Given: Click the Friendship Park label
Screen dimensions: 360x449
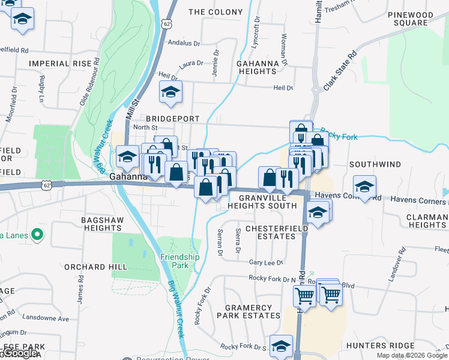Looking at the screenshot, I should [179, 261].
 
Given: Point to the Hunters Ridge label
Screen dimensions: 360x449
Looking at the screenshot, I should [381, 346].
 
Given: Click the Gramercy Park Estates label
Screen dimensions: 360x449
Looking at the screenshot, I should [252, 311].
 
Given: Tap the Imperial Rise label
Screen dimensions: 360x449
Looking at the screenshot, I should [60, 63].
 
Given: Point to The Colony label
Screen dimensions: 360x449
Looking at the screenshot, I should [215, 12].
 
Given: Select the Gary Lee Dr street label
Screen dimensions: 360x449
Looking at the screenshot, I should [266, 262].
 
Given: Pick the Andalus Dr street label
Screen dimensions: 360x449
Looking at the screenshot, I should [184, 43].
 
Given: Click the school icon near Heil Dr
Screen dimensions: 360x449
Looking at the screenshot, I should [170, 92].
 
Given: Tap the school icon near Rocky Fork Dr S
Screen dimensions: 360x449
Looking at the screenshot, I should [280, 346].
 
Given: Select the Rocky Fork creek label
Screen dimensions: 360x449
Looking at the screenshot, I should [339, 137].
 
